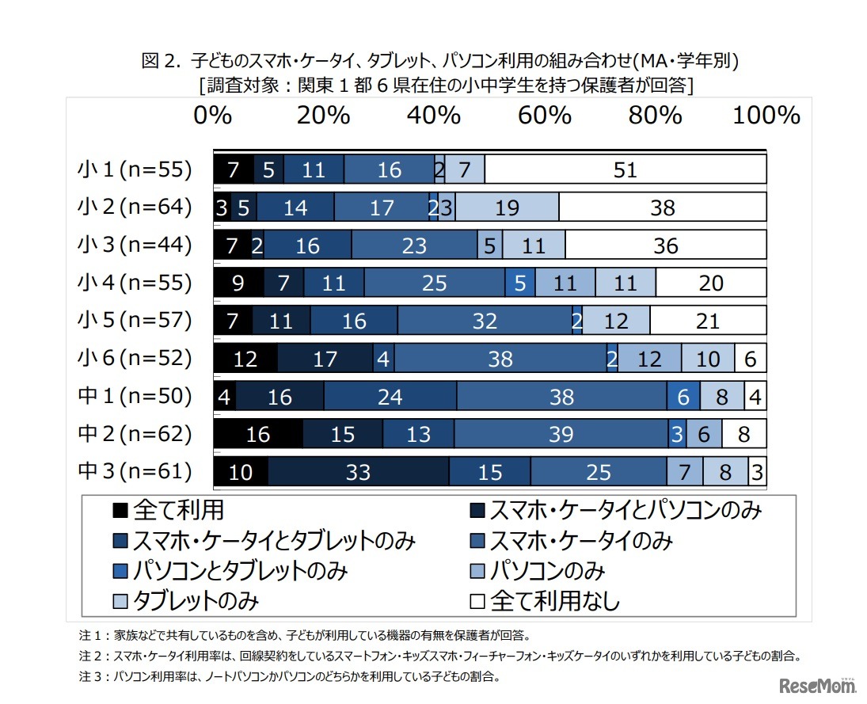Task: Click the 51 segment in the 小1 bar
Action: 626,169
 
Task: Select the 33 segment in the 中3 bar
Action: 358,472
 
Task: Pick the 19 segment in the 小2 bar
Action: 507,207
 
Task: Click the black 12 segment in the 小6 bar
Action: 245,359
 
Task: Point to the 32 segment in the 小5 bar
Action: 485,321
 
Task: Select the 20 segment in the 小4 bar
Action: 711,283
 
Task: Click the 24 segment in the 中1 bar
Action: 390,396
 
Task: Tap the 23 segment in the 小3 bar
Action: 414,245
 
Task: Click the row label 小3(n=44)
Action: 135,245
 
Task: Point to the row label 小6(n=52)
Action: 135,358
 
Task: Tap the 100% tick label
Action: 766,116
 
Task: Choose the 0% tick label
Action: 212,116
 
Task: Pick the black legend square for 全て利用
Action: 120,510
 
